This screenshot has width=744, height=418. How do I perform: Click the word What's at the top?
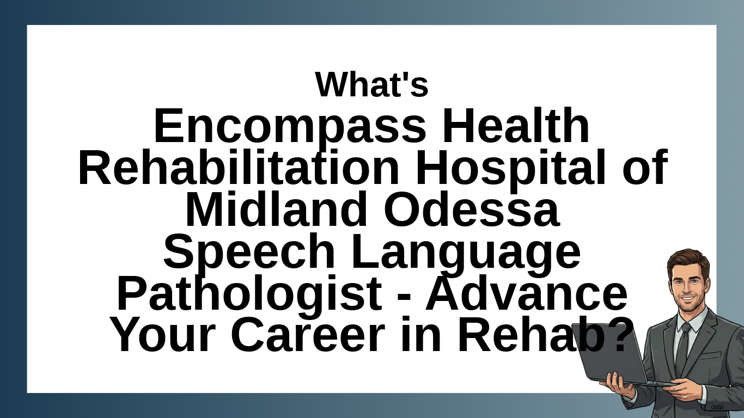point(371,84)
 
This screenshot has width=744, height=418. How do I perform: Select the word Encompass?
point(290,127)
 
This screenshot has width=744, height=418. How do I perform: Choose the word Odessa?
point(471,208)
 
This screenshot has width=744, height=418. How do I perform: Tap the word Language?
point(465,253)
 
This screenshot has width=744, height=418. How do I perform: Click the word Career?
point(308,334)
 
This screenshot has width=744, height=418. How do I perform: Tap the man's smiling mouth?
point(687,299)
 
